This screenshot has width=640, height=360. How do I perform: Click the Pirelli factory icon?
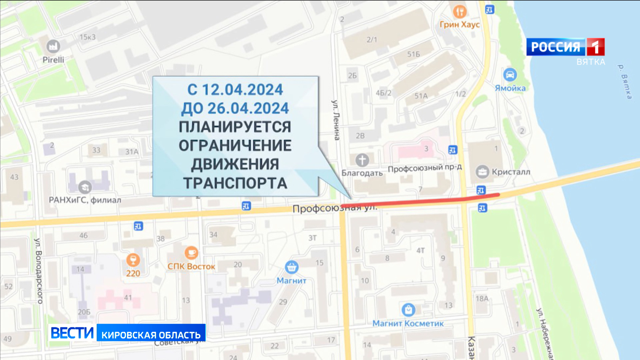53,46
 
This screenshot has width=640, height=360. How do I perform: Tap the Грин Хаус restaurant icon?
460,12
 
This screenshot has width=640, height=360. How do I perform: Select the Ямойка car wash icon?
510,75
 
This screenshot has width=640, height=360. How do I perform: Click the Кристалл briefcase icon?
482,172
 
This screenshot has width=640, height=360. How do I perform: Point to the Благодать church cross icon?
362,160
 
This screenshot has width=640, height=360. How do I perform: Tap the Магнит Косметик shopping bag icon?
408,310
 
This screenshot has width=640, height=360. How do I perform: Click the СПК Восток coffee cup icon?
191,253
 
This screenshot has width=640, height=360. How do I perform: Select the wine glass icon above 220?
133,260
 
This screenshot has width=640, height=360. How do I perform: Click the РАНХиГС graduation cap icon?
85,187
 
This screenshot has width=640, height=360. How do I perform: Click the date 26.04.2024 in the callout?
248,108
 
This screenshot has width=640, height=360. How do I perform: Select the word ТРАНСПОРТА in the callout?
235,183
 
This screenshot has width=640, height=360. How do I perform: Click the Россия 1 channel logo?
565,47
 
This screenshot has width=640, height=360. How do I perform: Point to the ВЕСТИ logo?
72,333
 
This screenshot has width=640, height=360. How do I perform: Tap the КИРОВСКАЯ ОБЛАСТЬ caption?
151,335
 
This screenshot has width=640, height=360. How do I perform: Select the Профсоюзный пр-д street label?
425,168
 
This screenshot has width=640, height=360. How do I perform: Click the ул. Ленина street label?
336,120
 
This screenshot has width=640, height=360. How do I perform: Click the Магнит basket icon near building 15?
292,267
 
